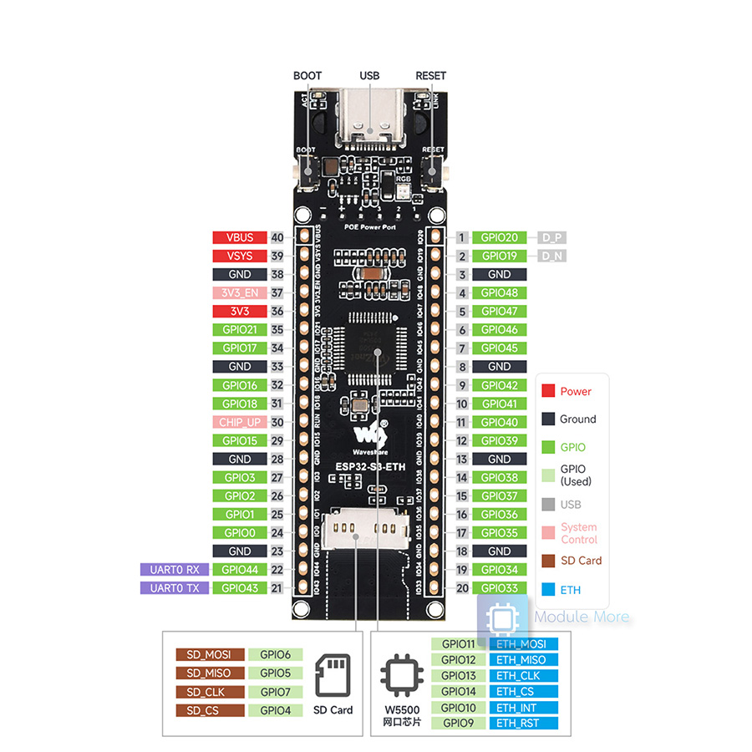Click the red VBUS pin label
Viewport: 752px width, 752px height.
[239, 237]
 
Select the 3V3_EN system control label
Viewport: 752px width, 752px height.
[239, 292]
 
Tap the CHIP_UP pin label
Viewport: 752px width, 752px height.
[239, 422]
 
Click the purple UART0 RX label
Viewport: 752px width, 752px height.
[174, 569]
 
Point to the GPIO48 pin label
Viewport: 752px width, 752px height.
[500, 292]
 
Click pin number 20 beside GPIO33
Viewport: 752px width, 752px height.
[461, 587]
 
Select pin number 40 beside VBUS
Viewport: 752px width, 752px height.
[277, 237]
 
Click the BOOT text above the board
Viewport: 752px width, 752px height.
[307, 76]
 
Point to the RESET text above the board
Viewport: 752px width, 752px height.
[430, 76]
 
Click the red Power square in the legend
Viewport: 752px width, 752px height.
[549, 391]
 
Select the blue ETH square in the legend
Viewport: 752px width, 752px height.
[549, 590]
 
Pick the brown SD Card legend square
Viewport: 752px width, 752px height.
[549, 561]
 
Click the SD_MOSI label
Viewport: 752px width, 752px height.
[210, 654]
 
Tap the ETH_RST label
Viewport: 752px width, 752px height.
[524, 723]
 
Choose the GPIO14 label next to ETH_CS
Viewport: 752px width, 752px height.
[458, 691]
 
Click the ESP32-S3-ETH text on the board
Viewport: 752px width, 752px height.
[370, 466]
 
